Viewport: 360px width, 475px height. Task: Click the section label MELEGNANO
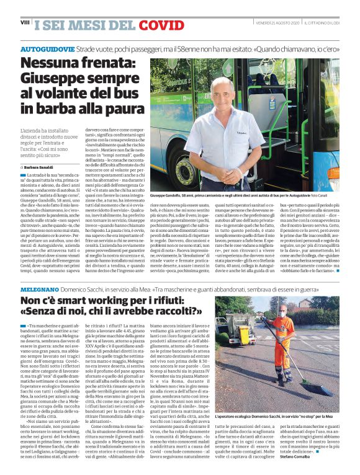(x=38, y=289)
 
